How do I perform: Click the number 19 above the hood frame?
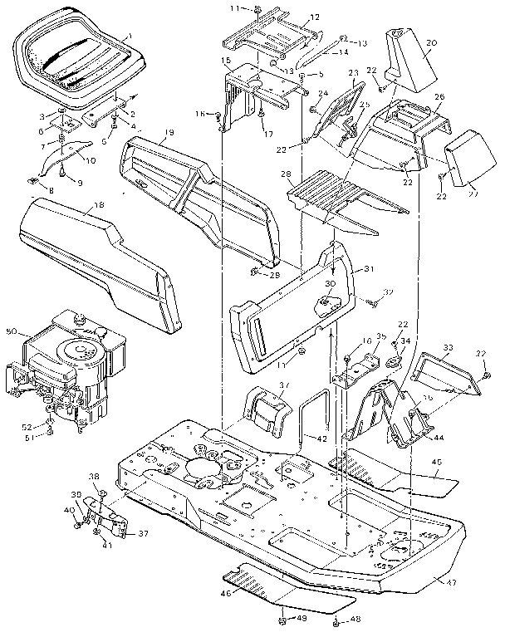169,134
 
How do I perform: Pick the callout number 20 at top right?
430,42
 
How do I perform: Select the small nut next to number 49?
282,620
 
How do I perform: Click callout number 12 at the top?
292,17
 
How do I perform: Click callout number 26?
439,97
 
